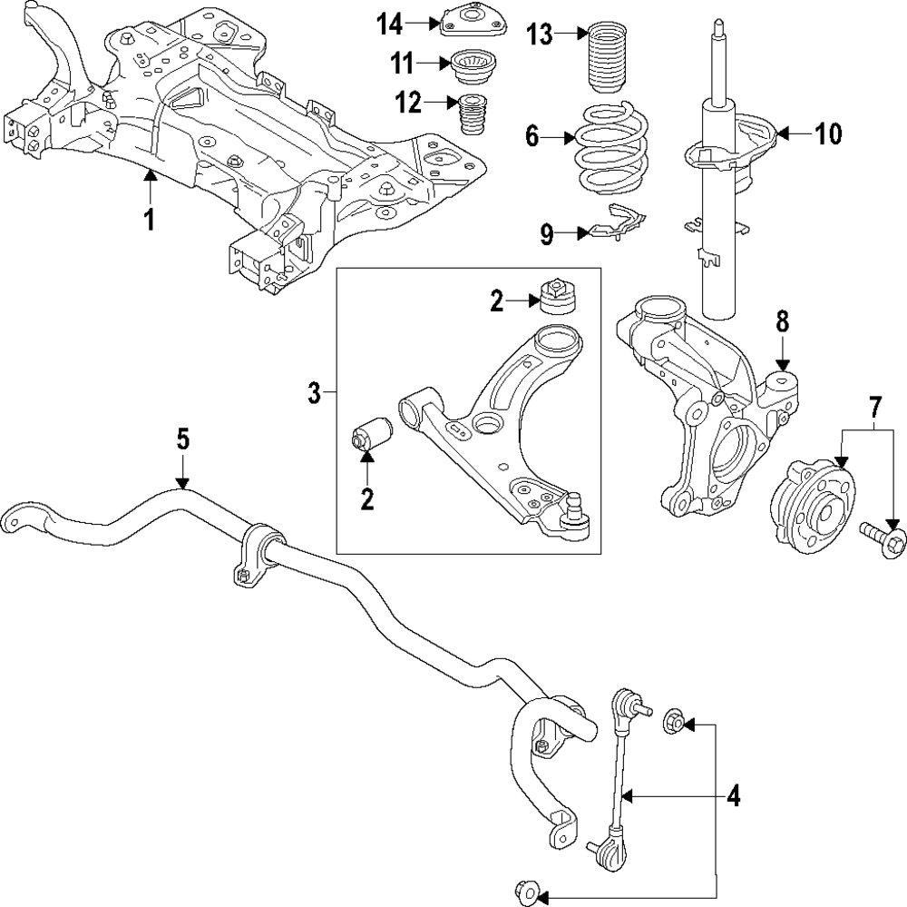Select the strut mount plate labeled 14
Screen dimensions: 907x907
click(x=473, y=22)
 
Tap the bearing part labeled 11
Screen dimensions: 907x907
click(x=473, y=67)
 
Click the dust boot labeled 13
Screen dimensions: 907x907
click(x=610, y=58)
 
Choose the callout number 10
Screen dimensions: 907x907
click(x=828, y=133)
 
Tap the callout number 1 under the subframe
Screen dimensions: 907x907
click(x=150, y=220)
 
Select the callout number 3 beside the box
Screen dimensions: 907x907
click(x=314, y=394)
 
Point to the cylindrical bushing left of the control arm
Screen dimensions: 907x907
click(x=372, y=433)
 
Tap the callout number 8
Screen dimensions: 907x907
click(x=782, y=322)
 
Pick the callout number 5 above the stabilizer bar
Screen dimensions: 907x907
click(x=183, y=439)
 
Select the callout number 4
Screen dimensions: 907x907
click(x=733, y=797)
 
